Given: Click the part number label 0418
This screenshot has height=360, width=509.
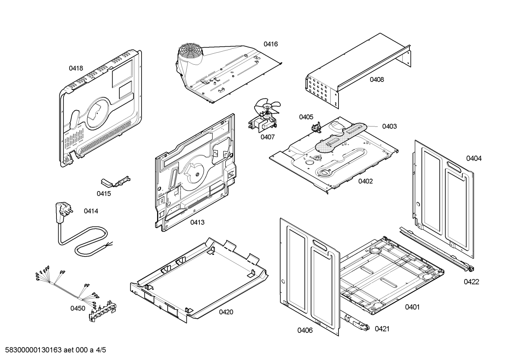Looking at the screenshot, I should pyautogui.click(x=76, y=68).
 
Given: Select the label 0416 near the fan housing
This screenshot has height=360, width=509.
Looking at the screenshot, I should pyautogui.click(x=270, y=44).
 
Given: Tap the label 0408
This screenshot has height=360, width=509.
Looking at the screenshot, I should pyautogui.click(x=377, y=79).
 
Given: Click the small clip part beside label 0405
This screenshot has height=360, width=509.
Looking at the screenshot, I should pyautogui.click(x=316, y=127).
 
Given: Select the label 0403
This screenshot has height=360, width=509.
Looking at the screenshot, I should pyautogui.click(x=389, y=126).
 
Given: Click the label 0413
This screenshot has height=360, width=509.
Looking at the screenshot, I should pyautogui.click(x=197, y=222).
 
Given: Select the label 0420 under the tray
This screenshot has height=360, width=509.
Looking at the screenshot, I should pyautogui.click(x=226, y=312).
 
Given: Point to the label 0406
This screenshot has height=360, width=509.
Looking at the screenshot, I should pyautogui.click(x=305, y=330).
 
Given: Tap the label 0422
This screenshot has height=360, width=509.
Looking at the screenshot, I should pyautogui.click(x=471, y=282).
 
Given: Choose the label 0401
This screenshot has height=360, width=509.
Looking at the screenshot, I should pyautogui.click(x=412, y=307).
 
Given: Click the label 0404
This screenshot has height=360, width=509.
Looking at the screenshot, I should pyautogui.click(x=473, y=158).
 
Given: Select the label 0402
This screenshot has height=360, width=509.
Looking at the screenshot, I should pyautogui.click(x=365, y=181).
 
